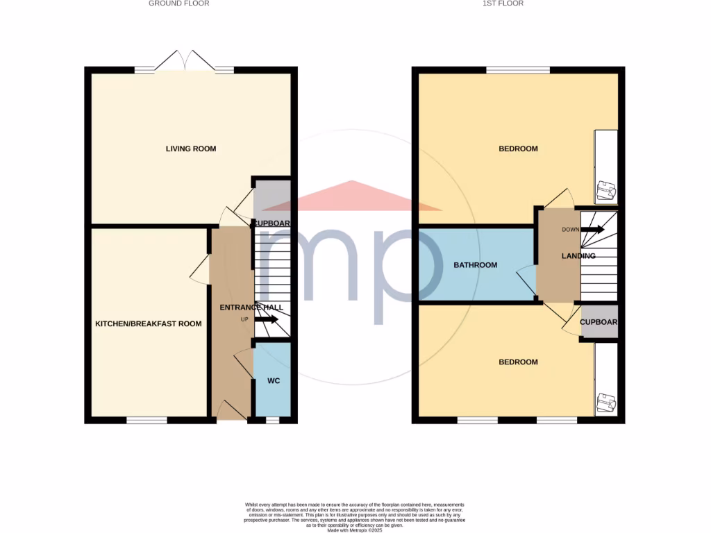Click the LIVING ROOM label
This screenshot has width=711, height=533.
click(190, 149)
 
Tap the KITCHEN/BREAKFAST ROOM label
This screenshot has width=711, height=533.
click(149, 323)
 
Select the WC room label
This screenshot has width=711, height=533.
click(273, 381)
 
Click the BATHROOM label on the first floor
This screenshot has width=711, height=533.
click(475, 265)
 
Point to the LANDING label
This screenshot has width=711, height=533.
click(578, 256)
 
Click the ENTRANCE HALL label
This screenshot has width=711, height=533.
click(251, 307)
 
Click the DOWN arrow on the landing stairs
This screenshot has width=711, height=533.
click(592, 229)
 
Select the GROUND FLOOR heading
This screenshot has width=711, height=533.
click(178, 3)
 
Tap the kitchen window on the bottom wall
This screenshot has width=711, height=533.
click(147, 420)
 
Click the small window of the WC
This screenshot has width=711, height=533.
click(273, 420)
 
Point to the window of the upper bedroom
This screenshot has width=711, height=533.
click(517, 69)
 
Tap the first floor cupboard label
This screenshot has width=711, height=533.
click(599, 323)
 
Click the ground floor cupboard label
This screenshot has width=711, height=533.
click(271, 223)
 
